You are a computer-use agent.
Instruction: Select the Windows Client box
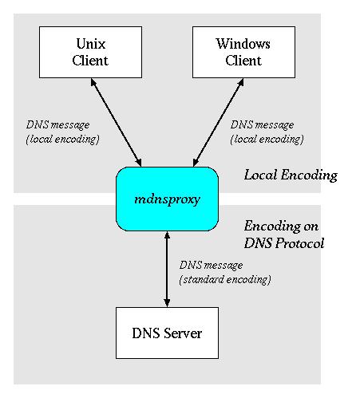243,52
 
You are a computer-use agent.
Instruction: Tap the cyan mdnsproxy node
166,199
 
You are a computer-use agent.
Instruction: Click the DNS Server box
166,332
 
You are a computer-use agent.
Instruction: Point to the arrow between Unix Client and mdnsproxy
117,122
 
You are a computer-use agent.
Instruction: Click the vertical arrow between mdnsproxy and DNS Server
166,268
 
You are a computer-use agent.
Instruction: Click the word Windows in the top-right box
243,45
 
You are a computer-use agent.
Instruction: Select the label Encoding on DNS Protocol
283,235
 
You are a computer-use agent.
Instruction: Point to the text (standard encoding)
225,279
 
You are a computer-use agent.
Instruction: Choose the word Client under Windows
243,60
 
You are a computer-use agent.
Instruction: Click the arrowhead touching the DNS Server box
166,301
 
